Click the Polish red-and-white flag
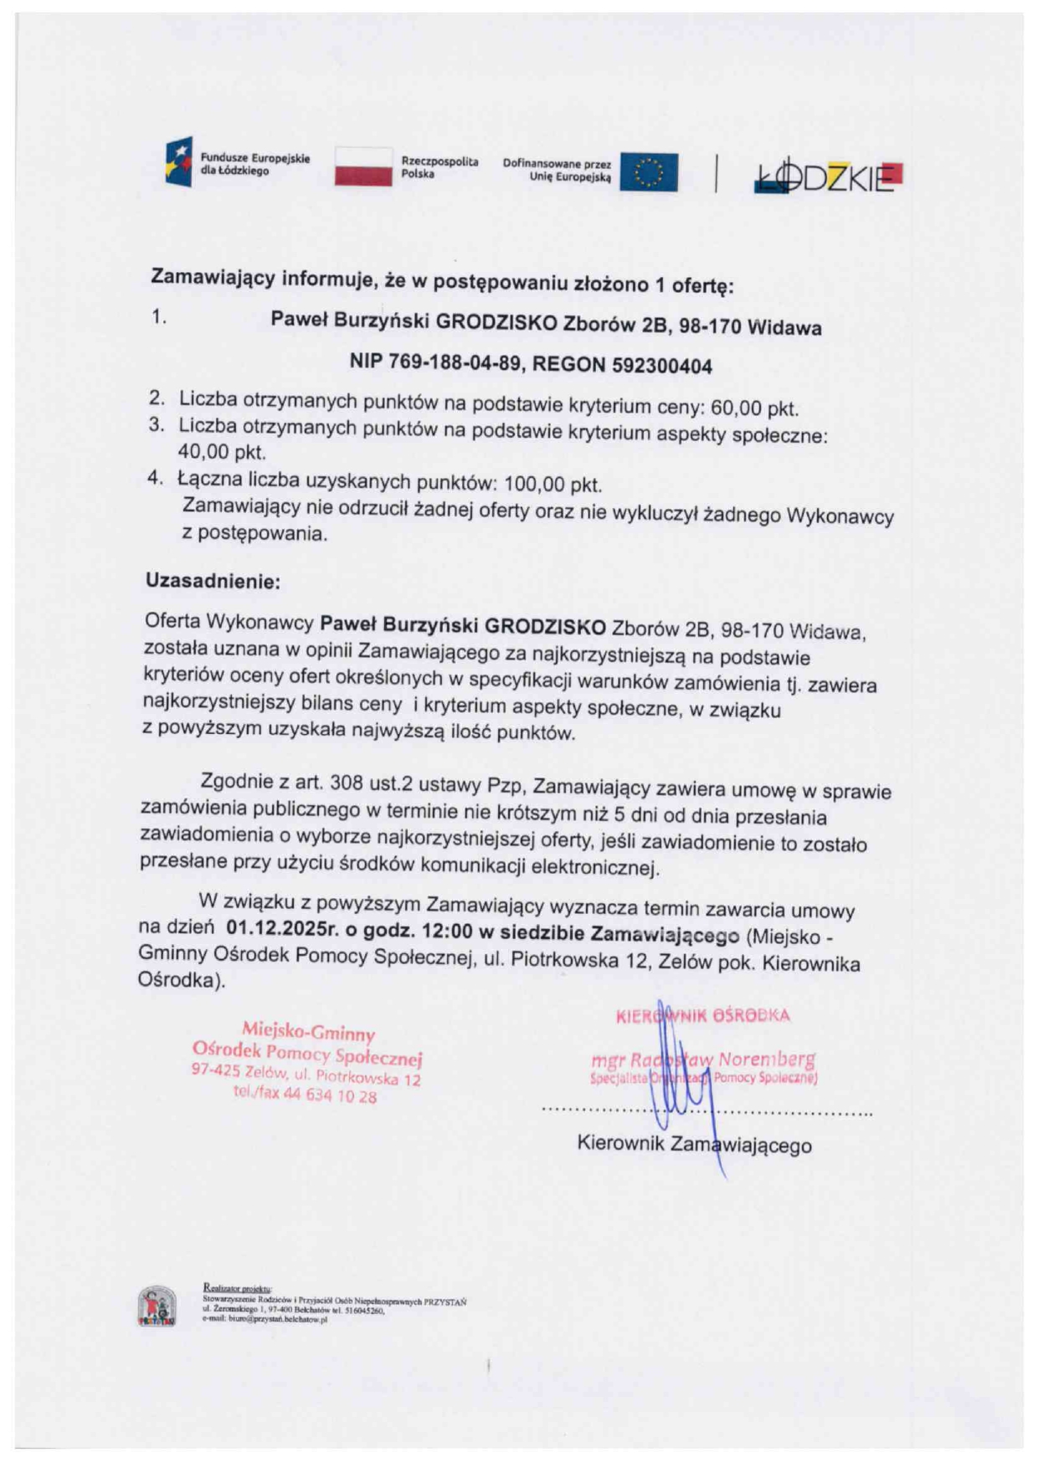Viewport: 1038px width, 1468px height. point(363,166)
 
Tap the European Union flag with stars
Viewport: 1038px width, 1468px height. point(649,172)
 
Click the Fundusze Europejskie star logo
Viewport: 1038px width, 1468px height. point(178,162)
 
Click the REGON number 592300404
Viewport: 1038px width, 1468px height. point(662,366)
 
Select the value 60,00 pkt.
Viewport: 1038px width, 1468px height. point(753,408)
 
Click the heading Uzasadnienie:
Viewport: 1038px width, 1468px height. point(213,581)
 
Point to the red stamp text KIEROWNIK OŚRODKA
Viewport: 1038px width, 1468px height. point(702,1016)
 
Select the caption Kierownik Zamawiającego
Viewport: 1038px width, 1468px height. point(694,1144)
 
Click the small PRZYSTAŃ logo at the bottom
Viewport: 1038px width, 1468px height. point(157,1306)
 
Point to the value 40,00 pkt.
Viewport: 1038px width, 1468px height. point(221,453)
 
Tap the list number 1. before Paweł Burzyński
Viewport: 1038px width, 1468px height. point(159,317)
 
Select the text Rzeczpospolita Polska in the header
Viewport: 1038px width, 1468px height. point(439,167)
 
